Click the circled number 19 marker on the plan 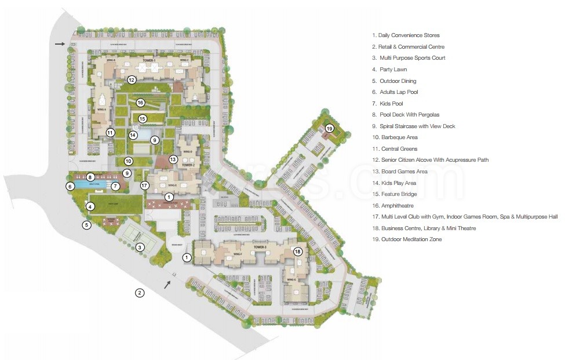(x=330, y=128)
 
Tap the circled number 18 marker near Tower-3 (x=298, y=252)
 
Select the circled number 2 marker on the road (x=140, y=293)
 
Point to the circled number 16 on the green (x=140, y=103)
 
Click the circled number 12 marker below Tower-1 (x=132, y=80)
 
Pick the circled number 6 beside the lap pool (x=70, y=186)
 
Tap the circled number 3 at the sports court (x=140, y=248)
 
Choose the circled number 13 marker (x=173, y=159)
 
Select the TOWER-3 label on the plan (x=260, y=247)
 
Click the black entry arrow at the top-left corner (x=60, y=43)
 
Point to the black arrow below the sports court (x=167, y=284)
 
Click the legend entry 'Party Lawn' (x=390, y=70)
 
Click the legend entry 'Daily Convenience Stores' (x=406, y=35)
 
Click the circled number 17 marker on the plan (x=145, y=186)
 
